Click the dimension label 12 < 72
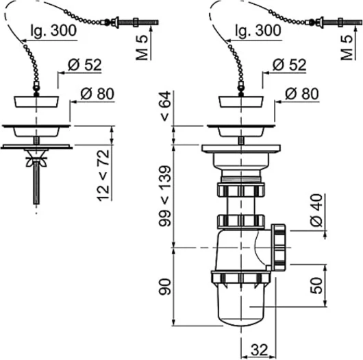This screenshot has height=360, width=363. click(103, 176)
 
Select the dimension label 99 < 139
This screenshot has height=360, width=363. click(164, 196)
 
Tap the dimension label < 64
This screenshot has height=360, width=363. click(165, 106)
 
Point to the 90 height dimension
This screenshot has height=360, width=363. click(164, 287)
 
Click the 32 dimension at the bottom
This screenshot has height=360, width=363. click(259, 350)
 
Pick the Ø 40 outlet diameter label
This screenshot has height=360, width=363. click(316, 210)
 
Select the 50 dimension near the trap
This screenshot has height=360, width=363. click(316, 285)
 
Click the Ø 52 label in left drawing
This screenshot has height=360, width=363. click(85, 64)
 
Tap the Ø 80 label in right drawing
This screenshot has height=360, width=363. click(302, 94)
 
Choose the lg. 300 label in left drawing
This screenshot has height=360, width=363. click(53, 30)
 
